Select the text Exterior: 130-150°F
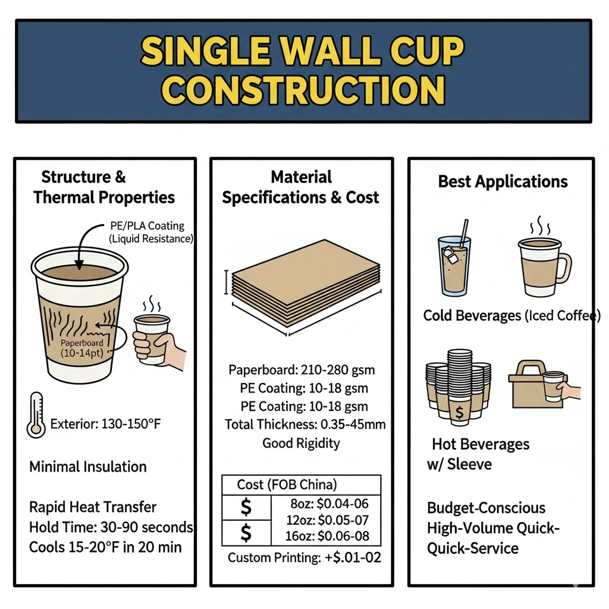(106, 424)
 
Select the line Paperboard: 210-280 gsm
(302, 370)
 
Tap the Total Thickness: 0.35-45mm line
(305, 425)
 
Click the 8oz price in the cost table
(325, 503)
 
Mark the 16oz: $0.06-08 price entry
(326, 536)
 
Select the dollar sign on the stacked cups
(460, 411)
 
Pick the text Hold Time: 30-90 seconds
(111, 527)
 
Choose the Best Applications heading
(503, 181)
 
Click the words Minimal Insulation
(88, 466)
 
